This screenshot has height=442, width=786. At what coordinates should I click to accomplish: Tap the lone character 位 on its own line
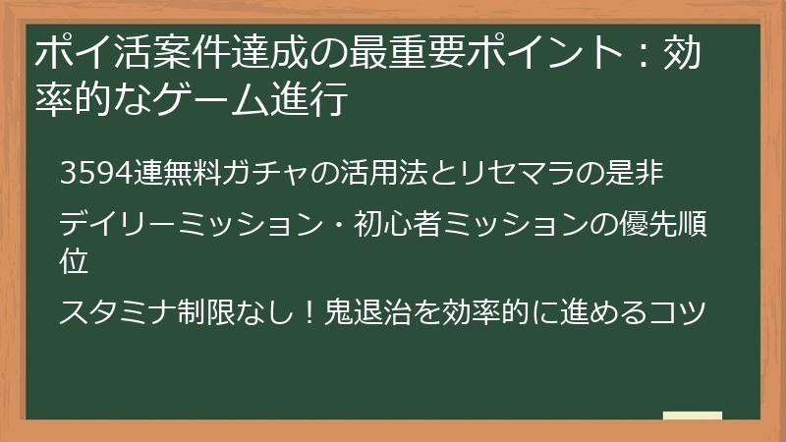tap(74, 261)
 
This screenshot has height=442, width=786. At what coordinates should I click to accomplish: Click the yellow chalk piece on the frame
tap(692, 416)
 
